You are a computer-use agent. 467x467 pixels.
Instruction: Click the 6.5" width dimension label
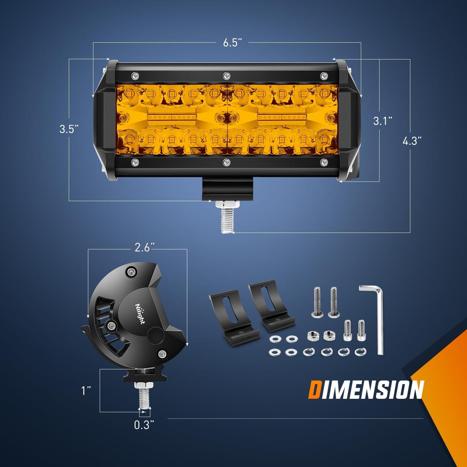pyautogui.click(x=233, y=43)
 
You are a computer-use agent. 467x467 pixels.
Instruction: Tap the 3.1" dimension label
pyautogui.click(x=383, y=121)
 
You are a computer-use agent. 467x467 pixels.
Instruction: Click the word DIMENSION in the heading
pyautogui.click(x=366, y=389)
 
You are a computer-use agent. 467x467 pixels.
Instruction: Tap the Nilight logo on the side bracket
pyautogui.click(x=140, y=313)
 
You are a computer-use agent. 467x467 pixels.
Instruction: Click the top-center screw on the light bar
pyautogui.click(x=226, y=75)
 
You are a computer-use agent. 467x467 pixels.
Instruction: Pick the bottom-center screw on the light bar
pyautogui.click(x=226, y=162)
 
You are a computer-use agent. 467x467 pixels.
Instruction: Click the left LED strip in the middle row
pyautogui.click(x=172, y=117)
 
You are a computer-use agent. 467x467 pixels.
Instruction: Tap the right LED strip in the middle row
pyautogui.click(x=282, y=117)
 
